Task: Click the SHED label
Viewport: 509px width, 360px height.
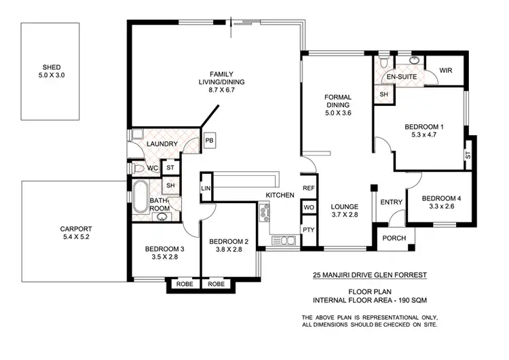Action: click(x=52, y=67)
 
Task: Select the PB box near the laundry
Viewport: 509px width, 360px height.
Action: click(x=209, y=141)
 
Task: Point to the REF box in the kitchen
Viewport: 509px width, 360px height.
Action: click(x=308, y=188)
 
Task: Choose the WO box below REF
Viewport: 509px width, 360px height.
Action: click(x=308, y=207)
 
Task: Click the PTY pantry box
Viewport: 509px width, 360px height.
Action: click(x=308, y=230)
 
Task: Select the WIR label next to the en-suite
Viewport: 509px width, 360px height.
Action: click(x=446, y=71)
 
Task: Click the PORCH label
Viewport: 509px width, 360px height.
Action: click(x=394, y=238)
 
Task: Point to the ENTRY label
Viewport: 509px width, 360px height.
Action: click(x=392, y=202)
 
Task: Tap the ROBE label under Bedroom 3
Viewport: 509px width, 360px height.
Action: click(x=184, y=284)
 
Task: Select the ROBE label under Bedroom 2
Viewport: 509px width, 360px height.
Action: click(x=217, y=284)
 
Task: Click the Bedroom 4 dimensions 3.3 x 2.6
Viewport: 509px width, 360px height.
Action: click(x=441, y=207)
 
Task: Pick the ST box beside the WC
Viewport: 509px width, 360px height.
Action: click(x=170, y=168)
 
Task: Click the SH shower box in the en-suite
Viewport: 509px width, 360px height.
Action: click(x=384, y=94)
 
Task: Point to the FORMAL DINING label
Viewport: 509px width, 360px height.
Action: click(x=337, y=101)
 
